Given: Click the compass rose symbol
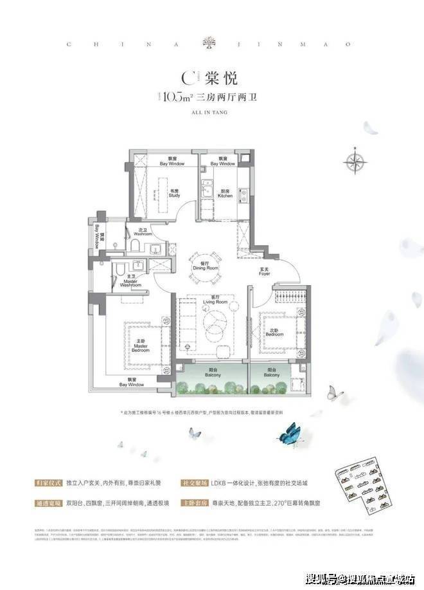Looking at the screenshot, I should [x=355, y=161].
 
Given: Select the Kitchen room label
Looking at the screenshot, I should [x=225, y=193].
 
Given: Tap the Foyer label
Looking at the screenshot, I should [x=264, y=270].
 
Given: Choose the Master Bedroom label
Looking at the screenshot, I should [x=141, y=345].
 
